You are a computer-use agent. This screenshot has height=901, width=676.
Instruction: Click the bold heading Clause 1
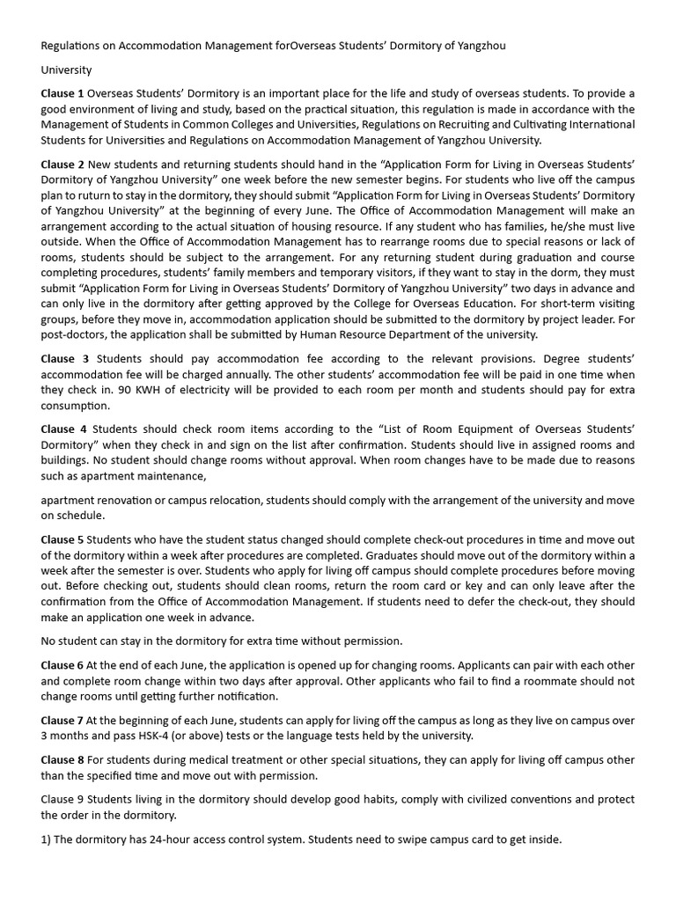pos(62,93)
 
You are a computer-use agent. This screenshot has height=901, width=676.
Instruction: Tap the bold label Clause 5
pos(62,539)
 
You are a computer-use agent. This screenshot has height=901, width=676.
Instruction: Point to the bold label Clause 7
pos(62,721)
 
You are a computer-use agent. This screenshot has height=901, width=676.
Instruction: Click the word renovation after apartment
pos(128,501)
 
